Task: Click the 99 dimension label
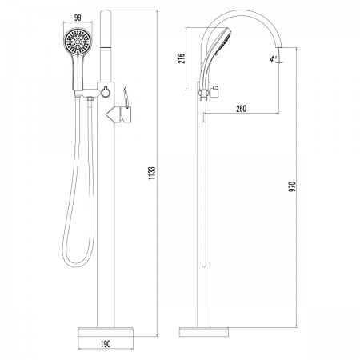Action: pyautogui.click(x=78, y=18)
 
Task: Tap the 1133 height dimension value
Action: pyautogui.click(x=152, y=173)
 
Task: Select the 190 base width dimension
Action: pyautogui.click(x=106, y=344)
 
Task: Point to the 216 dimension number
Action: pyautogui.click(x=182, y=58)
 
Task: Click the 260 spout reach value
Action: pyautogui.click(x=241, y=109)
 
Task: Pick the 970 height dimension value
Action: pyautogui.click(x=293, y=186)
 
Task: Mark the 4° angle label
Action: pyautogui.click(x=273, y=59)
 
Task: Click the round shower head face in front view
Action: pyautogui.click(x=78, y=42)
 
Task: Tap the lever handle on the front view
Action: pyautogui.click(x=126, y=114)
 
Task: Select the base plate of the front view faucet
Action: pyautogui.click(x=106, y=332)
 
